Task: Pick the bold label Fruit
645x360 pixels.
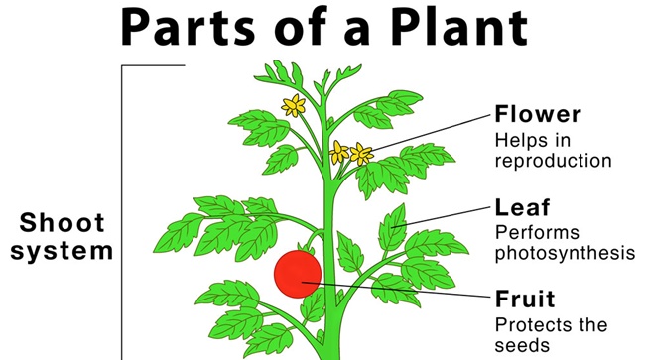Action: coord(525,299)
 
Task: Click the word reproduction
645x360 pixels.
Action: coord(553,160)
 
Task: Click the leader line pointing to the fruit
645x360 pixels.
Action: coord(397,291)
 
